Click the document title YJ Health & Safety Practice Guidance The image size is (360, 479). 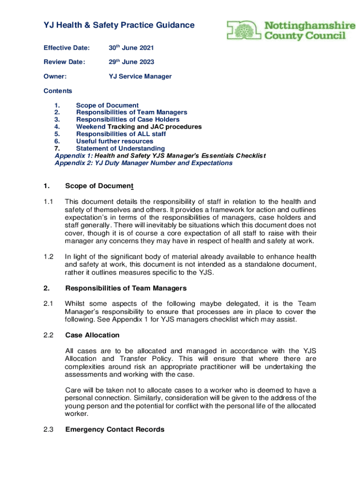tap(119, 25)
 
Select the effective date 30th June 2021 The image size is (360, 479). tap(131, 48)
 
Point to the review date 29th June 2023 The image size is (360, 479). tap(131, 62)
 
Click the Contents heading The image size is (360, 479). tap(58, 91)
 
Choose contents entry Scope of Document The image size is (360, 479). tap(108, 105)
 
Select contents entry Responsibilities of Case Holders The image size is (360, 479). tap(128, 120)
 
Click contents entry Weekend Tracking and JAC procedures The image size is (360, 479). tap(139, 127)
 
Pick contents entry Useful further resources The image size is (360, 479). tap(115, 141)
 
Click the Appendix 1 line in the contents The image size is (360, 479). tap(160, 156)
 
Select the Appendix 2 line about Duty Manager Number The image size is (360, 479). tap(144, 163)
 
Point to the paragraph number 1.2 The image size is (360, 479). tap(49, 256)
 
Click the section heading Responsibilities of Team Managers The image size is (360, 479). tap(126, 288)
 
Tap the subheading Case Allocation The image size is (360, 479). tap(93, 335)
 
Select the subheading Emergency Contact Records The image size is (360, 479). tap(115, 429)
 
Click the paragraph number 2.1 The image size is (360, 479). tap(49, 304)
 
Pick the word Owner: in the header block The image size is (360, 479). tap(55, 76)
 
